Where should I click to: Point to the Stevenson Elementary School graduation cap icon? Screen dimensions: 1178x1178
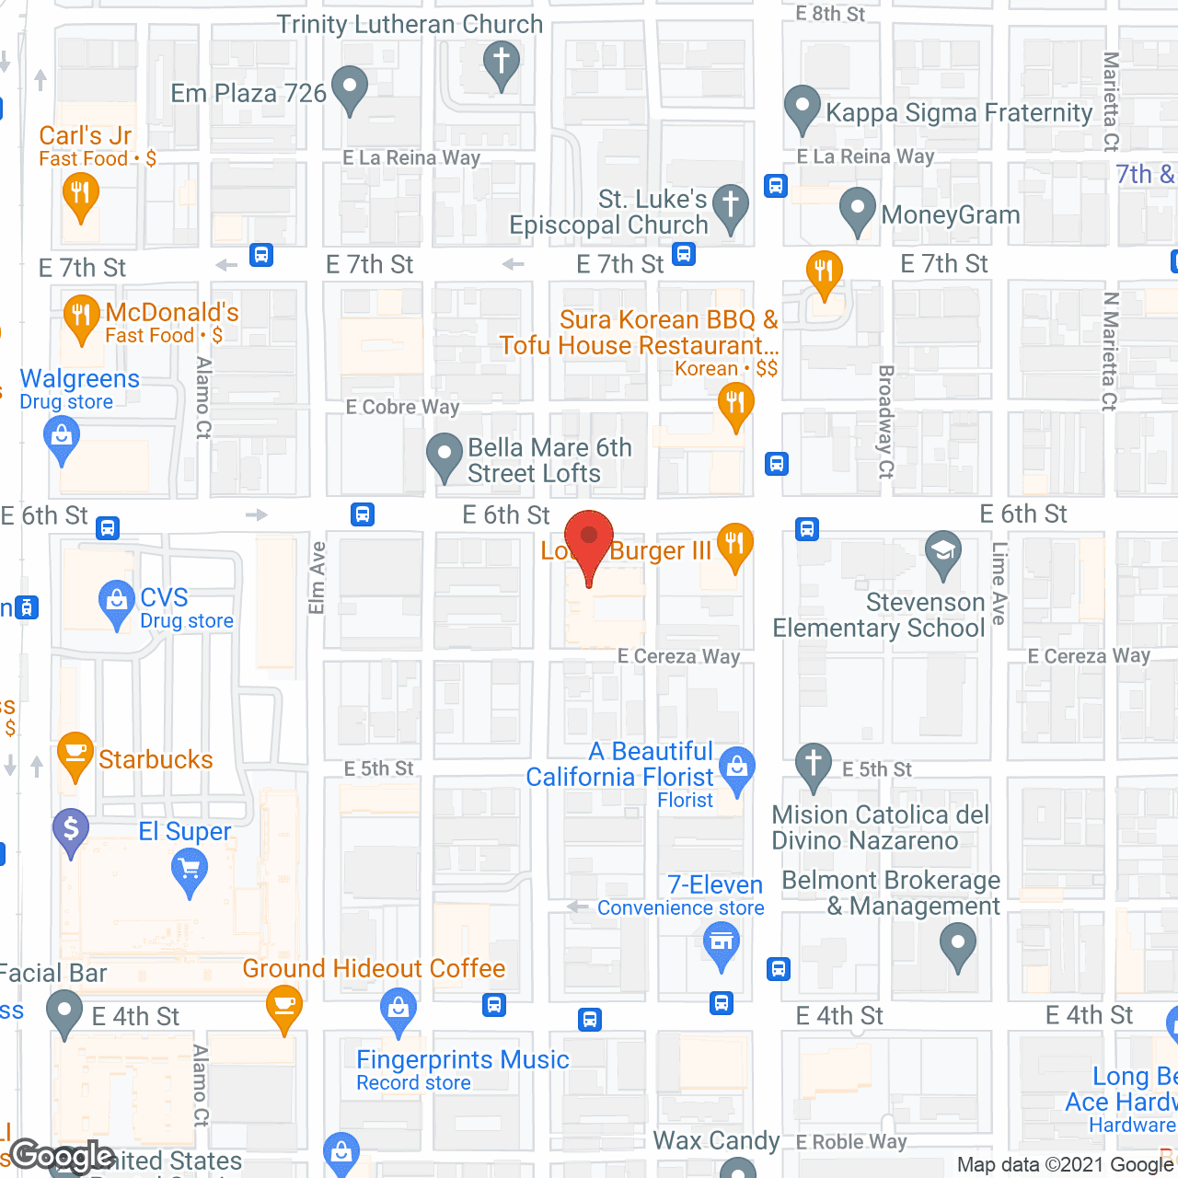pos(942,552)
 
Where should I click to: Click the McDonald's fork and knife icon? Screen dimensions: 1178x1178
pos(82,317)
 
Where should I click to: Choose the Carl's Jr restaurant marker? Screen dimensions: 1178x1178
pos(80,195)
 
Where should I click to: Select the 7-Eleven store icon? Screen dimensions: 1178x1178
pos(722,943)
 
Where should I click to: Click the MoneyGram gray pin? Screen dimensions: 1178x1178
pos(858,210)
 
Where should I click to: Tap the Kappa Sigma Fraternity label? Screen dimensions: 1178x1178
pos(959,112)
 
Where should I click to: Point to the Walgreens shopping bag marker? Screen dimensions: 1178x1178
pos(62,437)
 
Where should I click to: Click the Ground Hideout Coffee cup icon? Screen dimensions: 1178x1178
pos(284,1005)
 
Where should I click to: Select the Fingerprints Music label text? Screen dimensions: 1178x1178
pos(463,1059)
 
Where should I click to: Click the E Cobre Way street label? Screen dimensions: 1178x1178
pos(402,407)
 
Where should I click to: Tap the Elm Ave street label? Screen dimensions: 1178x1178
pos(317,578)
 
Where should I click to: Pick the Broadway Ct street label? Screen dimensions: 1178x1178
pos(886,422)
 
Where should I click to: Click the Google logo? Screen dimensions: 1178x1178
pos(63,1156)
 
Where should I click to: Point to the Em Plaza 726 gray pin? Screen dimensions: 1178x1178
pos(349,88)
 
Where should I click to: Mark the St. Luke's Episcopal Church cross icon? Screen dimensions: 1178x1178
pos(731,206)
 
